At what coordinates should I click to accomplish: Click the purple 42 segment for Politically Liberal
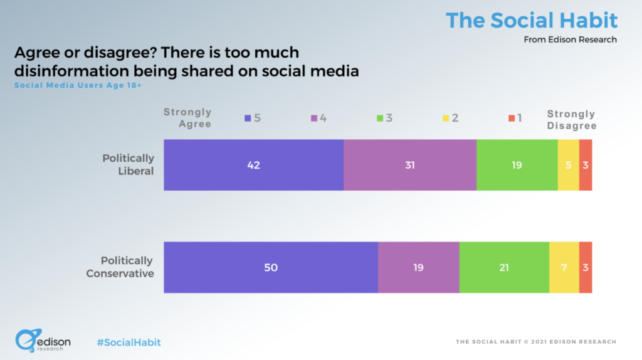(253, 165)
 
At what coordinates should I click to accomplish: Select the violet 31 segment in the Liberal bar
(409, 165)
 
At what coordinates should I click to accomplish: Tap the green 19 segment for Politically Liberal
(517, 165)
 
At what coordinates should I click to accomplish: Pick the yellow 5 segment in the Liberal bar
(568, 165)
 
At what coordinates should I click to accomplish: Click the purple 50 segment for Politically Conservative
(271, 267)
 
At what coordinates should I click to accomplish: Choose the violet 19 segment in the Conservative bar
(418, 267)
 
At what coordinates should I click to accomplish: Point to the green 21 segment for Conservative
(504, 267)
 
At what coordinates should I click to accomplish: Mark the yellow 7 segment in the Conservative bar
(564, 267)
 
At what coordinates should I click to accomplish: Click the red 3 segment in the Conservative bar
(586, 267)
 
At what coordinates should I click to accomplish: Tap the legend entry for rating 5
(253, 118)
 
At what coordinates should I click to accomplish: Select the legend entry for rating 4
(318, 118)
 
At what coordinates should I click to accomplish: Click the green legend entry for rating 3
(384, 118)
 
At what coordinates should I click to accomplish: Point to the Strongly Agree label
(187, 118)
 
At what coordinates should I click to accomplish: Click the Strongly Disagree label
(571, 120)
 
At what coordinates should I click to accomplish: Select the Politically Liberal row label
(128, 164)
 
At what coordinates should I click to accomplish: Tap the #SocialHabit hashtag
(129, 342)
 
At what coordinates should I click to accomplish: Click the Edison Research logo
(43, 341)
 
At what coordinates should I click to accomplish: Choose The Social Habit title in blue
(532, 20)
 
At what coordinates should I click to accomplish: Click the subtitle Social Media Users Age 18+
(78, 85)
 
